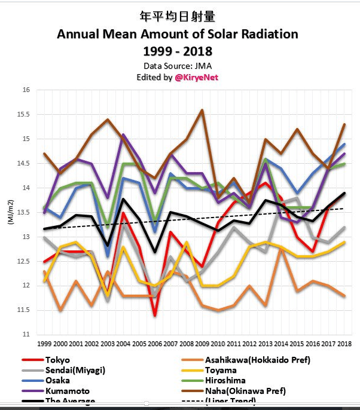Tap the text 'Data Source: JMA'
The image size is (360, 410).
pos(177,65)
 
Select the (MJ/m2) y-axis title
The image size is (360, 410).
pos(10,212)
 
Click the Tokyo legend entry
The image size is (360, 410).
pos(57,360)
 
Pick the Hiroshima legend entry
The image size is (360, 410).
pos(226,380)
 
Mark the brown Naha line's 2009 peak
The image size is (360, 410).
pos(202,110)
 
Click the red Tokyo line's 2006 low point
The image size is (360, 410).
pos(155,314)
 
